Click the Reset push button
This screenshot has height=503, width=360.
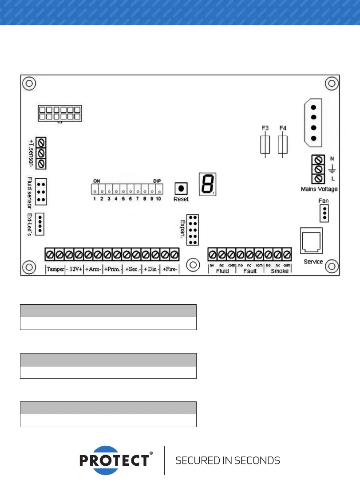point(181,188)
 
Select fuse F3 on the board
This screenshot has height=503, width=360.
point(265,145)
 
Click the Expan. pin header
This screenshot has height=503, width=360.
point(193,230)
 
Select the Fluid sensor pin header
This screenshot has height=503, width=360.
point(41,192)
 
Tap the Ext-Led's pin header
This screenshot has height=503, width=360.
point(41,223)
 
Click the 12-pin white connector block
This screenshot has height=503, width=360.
point(59,114)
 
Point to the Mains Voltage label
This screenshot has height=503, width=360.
point(319,189)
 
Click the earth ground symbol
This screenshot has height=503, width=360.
point(332,169)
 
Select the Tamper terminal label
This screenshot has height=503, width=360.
point(55,269)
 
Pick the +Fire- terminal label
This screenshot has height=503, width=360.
point(170,269)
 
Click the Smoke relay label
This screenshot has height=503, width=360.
point(279,271)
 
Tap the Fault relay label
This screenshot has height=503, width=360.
point(250,271)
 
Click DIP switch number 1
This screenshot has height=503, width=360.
point(95,190)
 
